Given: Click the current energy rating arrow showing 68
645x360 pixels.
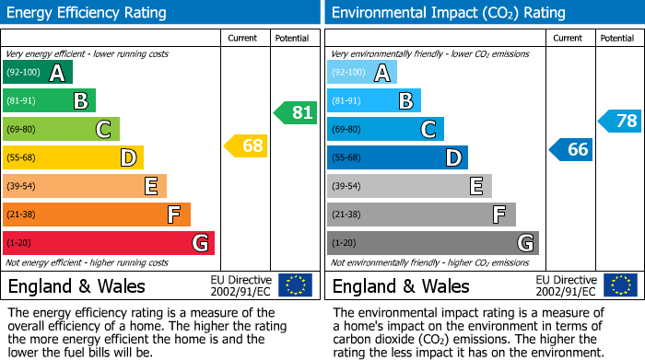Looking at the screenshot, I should point(245,145).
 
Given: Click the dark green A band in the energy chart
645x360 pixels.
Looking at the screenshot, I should point(38,73).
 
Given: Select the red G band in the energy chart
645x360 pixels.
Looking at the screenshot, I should point(109,243).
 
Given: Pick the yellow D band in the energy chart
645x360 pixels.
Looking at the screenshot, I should point(73,157).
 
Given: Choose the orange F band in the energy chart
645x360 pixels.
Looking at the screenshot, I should point(97,215).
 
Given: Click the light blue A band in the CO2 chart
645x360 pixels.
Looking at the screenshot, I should point(362,73).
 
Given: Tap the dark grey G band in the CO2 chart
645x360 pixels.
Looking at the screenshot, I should point(432,243).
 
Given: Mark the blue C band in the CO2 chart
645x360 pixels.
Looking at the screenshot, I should point(385,129).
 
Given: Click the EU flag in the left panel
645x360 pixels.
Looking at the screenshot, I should point(295,285).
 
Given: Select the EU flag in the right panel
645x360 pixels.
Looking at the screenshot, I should point(619,285).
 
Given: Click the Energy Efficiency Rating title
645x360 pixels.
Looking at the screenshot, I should point(88,13).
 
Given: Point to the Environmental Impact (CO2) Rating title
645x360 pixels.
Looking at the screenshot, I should point(448,13).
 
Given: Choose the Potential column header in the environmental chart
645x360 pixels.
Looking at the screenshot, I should point(617,38).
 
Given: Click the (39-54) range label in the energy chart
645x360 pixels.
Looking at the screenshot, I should point(22,186).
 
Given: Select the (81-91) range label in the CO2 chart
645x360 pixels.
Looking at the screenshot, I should point(346,101).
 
